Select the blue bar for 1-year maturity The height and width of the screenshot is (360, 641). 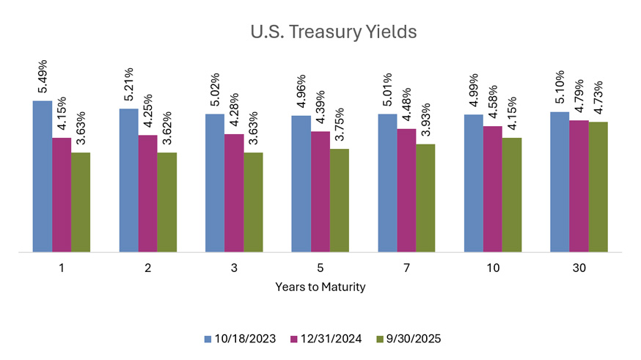click(x=43, y=176)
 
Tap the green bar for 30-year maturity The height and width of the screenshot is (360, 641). click(x=598, y=187)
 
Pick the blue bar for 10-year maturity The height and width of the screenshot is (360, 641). click(x=474, y=183)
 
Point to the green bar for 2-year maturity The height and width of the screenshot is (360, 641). click(x=167, y=202)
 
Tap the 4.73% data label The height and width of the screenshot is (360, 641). click(x=599, y=98)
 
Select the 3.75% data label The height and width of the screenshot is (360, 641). click(x=340, y=125)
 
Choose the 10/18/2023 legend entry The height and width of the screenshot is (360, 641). click(x=241, y=339)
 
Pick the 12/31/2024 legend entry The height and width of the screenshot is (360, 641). click(x=326, y=339)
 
